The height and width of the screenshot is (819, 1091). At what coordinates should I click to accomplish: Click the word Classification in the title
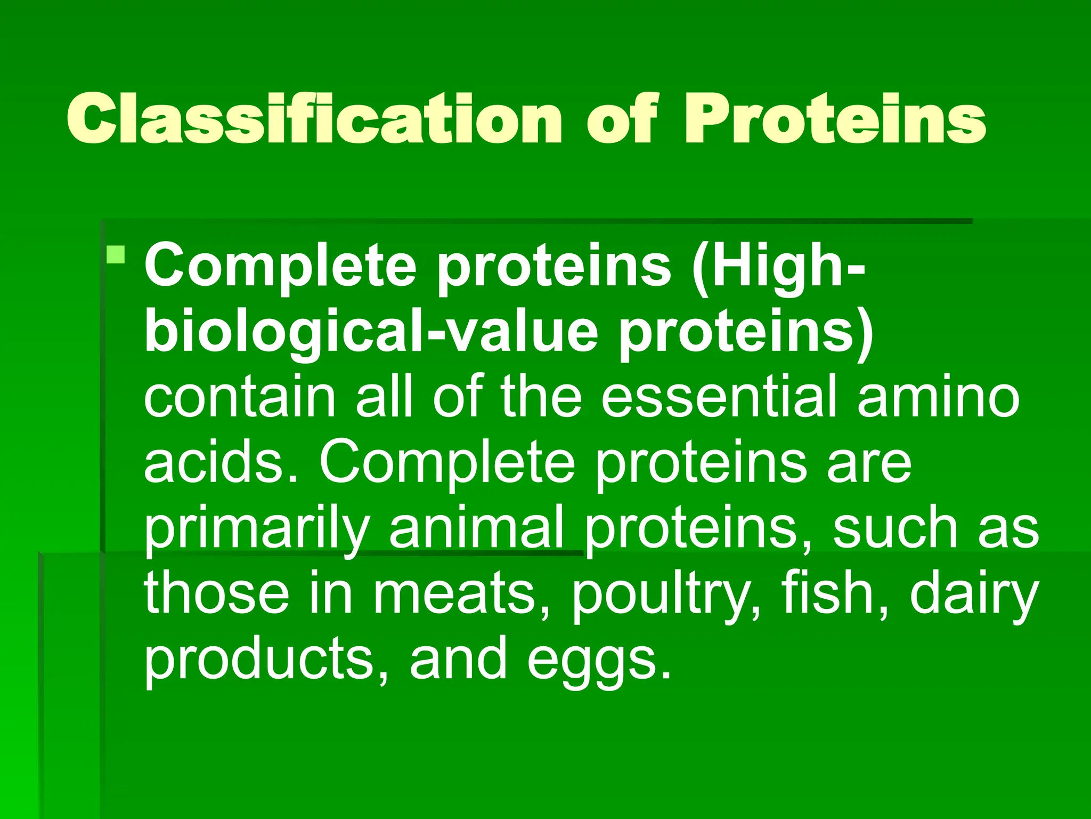314,118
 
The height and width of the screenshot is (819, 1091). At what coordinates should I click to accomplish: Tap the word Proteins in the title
835,118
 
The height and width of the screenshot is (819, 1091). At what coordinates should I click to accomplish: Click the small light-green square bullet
116,255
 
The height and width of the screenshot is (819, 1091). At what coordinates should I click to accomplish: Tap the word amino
938,397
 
